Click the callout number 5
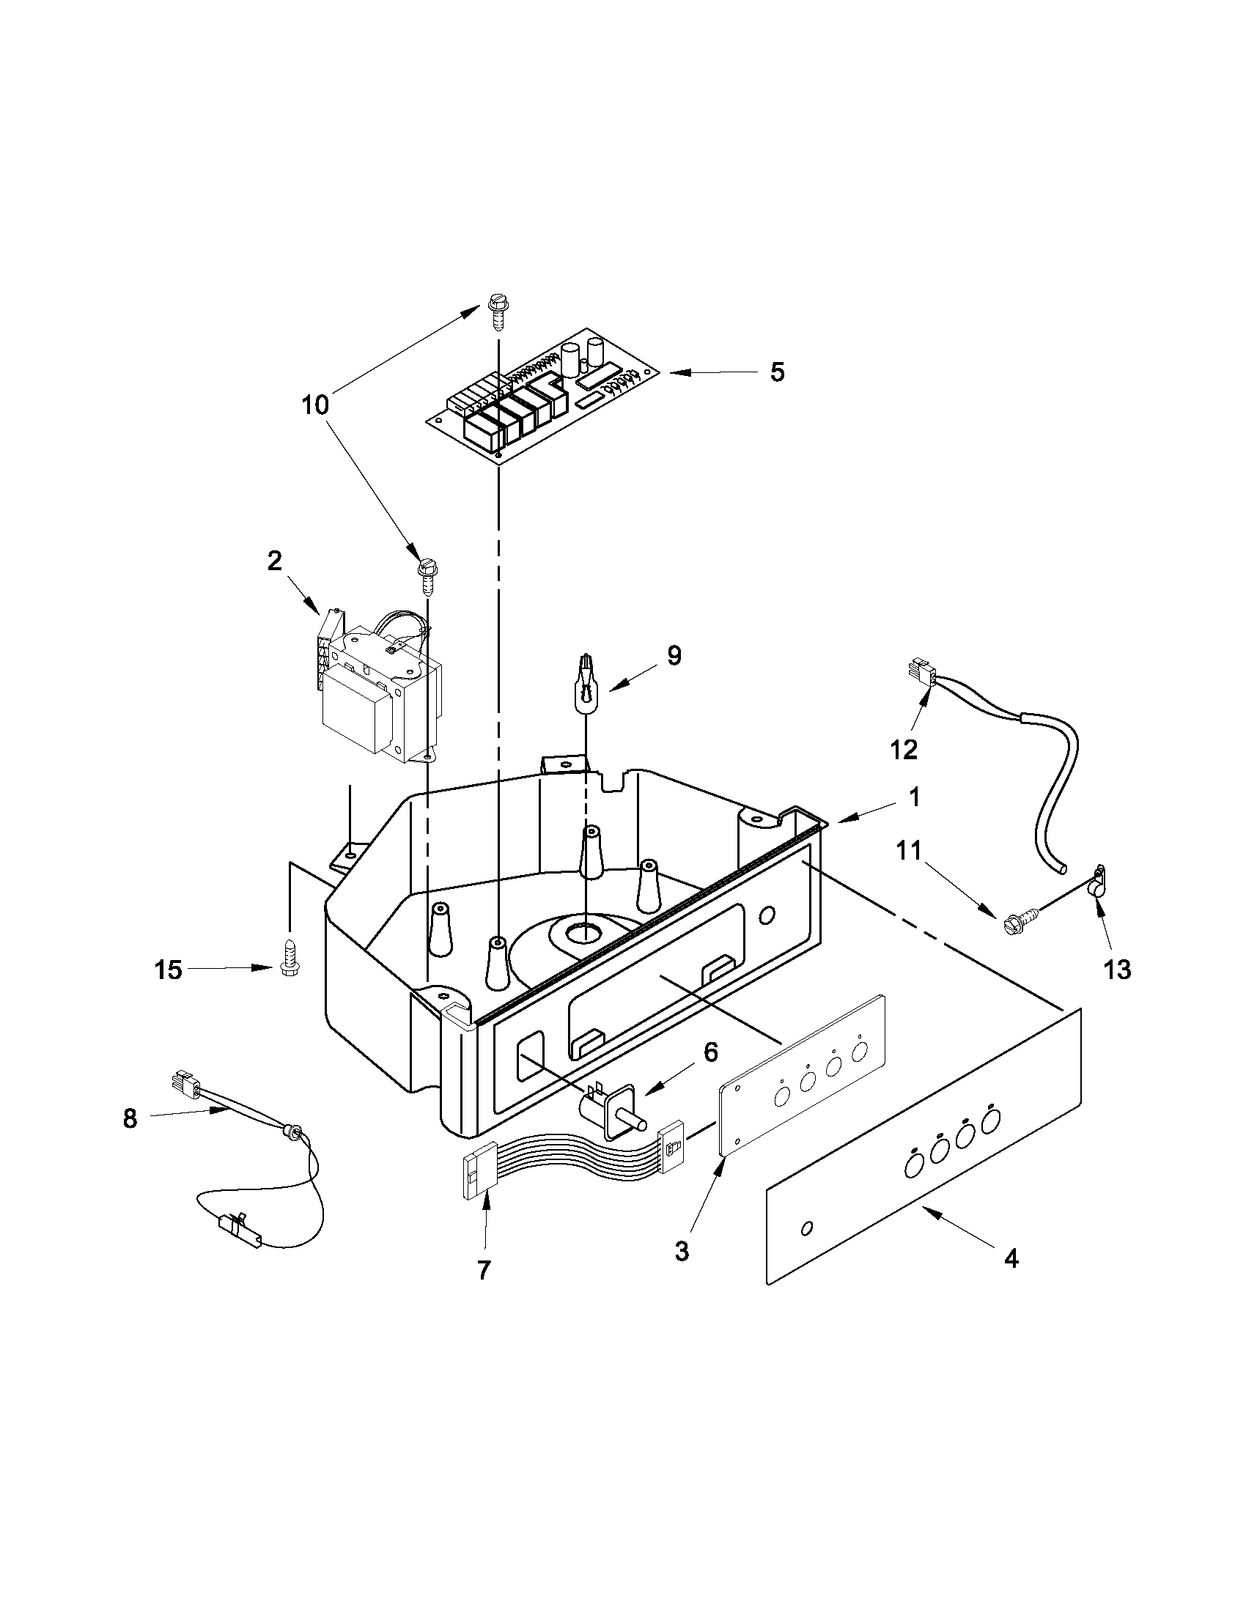coord(777,372)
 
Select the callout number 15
coord(168,970)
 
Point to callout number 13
coord(1118,969)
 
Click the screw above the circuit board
coord(496,307)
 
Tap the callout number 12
coord(903,749)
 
